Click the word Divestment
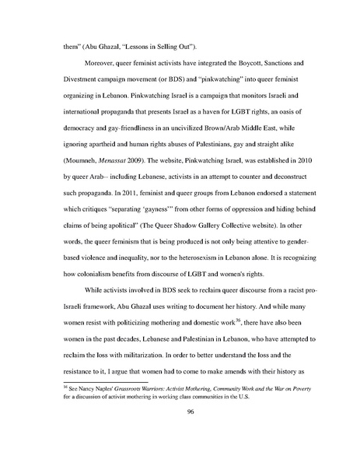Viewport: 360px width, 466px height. pos(75,79)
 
